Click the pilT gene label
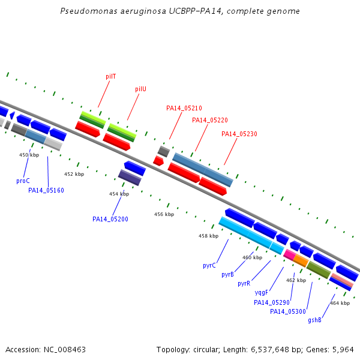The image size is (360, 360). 110,76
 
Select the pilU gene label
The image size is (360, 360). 140,89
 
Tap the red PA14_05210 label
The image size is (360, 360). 184,108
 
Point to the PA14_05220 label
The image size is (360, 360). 210,120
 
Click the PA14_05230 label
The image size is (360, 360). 239,134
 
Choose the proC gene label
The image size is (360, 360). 23,181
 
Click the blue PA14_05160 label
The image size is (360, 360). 46,190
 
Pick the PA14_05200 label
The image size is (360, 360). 110,219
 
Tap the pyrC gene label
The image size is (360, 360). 209,265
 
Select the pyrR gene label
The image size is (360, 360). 244,284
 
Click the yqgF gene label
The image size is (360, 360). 261,293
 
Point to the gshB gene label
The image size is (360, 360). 314,320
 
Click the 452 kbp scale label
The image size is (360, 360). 74,174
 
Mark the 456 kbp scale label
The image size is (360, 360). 164,214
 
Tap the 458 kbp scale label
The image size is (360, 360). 208,236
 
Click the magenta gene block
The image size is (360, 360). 289,254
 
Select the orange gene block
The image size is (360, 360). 301,260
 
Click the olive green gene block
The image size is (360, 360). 319,270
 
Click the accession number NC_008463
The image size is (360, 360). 65,350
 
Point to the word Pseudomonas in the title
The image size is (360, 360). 89,11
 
